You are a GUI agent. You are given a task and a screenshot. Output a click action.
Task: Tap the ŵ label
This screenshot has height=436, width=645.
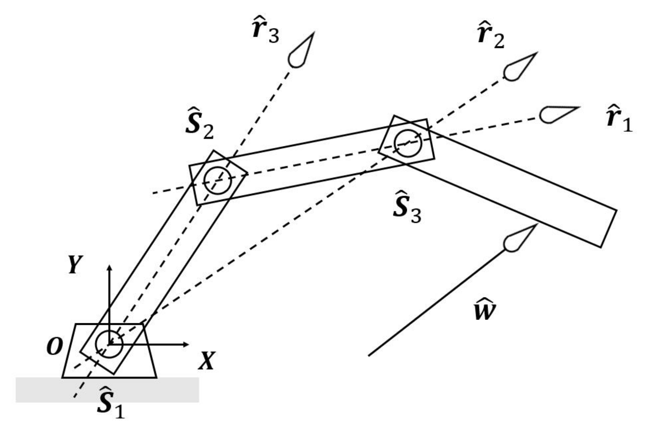484,309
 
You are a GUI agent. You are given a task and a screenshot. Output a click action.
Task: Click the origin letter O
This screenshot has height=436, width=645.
54,346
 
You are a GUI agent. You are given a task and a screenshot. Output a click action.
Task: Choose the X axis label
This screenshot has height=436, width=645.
206,360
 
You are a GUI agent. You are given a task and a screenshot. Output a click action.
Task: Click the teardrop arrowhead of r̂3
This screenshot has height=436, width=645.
301,52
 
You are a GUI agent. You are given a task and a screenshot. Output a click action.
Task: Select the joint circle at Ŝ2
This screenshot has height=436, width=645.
217,180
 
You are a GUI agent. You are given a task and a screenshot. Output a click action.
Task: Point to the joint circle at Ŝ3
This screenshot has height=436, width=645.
408,143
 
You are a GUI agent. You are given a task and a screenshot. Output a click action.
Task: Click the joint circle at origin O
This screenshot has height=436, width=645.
109,344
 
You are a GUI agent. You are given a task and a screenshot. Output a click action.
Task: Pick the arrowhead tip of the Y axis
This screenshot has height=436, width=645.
109,266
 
